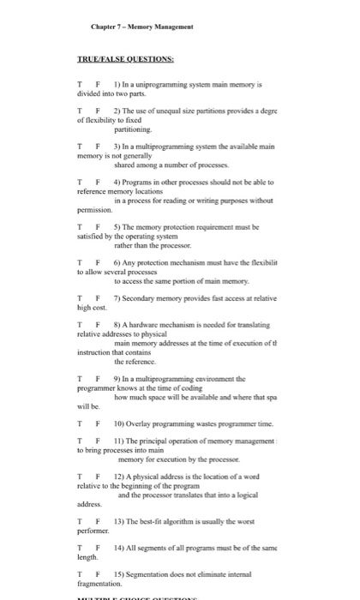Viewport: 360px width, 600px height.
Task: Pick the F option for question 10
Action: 98,423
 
